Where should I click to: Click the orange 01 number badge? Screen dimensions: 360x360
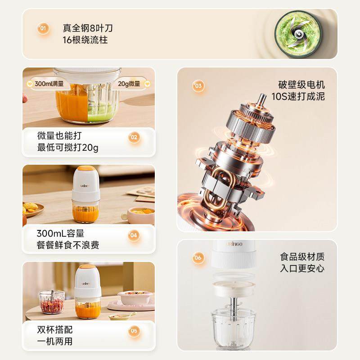[43, 29]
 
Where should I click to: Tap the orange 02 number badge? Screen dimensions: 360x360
[134, 137]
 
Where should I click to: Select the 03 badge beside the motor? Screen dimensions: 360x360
[198, 86]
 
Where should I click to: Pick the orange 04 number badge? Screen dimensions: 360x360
[134, 234]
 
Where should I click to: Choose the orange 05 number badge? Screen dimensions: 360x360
[134, 331]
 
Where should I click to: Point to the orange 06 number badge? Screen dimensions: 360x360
[198, 258]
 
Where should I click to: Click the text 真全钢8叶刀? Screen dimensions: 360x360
[88, 28]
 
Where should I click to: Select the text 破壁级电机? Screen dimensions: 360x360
[301, 85]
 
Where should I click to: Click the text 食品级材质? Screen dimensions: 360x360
[302, 257]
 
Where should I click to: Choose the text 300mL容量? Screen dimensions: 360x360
[61, 234]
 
